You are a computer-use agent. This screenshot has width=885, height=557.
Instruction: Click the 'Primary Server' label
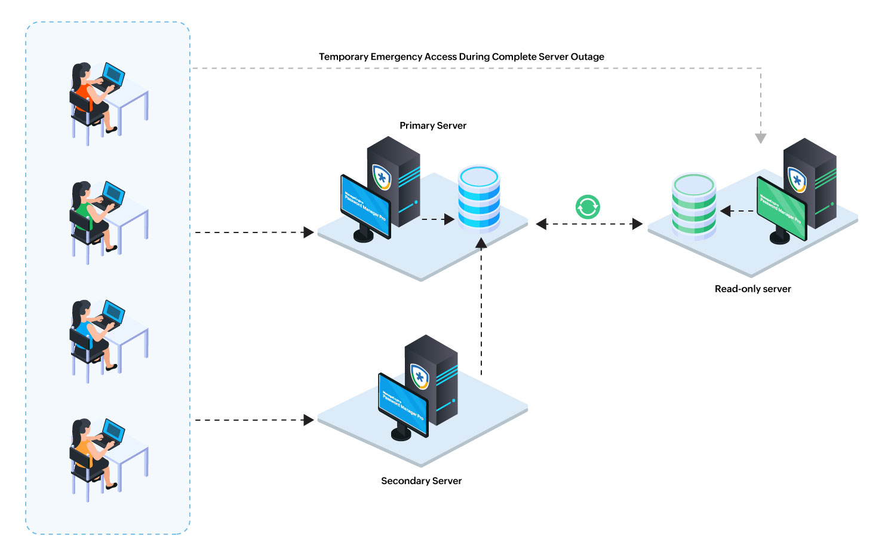432,126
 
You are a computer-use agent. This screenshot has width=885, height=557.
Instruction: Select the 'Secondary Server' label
421,481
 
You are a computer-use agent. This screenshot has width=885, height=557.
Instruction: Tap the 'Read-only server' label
752,289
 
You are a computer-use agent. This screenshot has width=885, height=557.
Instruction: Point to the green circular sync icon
588,207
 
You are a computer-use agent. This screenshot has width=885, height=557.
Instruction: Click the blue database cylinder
479,198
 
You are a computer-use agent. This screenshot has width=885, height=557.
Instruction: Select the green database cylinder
693,206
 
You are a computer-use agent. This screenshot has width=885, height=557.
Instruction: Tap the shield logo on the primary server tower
382,177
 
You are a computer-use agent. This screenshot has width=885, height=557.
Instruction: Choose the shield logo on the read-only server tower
797,179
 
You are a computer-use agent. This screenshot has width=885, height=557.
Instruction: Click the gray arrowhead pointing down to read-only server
760,138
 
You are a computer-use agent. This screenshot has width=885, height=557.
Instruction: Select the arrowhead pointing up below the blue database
481,243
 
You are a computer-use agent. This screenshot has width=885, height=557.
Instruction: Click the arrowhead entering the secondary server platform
308,420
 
